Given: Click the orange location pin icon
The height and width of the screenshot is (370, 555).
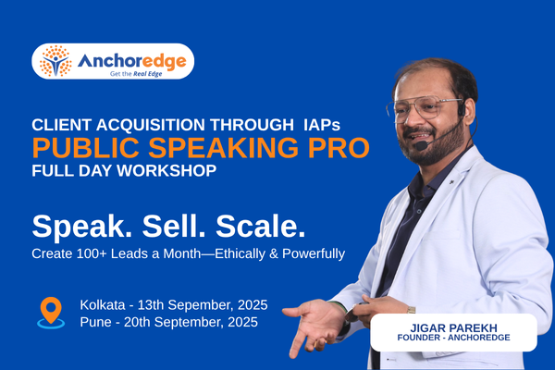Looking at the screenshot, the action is pos(51,310).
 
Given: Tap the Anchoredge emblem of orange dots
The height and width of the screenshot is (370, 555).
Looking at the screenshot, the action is pos(55,61).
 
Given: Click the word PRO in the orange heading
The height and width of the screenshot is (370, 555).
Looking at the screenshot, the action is pos(339,148).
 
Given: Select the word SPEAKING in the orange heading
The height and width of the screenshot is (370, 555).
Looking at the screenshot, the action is pos(223,148).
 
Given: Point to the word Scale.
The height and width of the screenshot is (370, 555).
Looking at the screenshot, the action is pos(261,227).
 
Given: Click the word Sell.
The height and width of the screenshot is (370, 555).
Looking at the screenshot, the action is pos(174,227).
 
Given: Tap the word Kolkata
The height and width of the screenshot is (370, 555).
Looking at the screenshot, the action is pos(103,305).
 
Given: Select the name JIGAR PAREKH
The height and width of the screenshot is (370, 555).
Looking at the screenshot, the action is pos(453,327).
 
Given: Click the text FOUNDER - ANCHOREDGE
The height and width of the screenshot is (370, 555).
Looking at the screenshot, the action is pos(453,338).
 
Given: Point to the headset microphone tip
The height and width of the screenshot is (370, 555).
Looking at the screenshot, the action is pos(421,145).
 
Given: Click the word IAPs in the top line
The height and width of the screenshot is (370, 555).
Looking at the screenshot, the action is pos(322,125).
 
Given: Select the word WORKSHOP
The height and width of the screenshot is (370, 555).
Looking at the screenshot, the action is pos(166,170).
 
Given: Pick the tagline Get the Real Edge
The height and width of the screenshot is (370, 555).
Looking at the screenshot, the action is pos(136,74).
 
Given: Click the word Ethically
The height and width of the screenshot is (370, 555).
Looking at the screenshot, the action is pos(240,254).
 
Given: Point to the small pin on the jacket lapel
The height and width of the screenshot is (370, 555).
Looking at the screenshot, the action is pos(451,182).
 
